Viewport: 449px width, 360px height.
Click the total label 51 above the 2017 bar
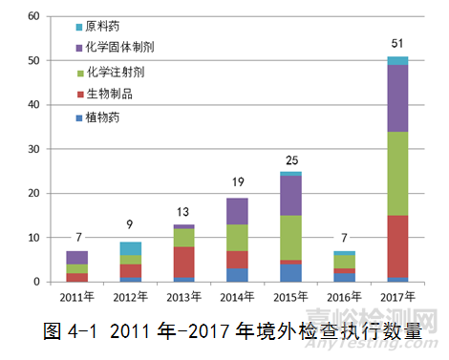[x=396, y=44]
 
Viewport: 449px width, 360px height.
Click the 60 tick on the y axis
[x=33, y=16]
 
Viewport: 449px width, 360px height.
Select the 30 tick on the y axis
[x=33, y=149]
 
